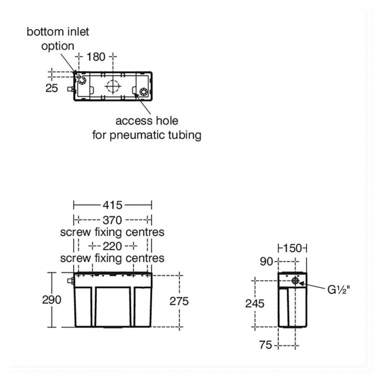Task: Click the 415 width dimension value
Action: pos(113,205)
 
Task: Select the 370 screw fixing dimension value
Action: pos(113,220)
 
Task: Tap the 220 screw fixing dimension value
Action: pos(113,245)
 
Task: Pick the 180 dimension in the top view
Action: pos(96,56)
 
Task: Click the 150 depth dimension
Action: pos(292,248)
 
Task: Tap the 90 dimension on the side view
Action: pos(266,262)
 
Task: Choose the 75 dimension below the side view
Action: pos(266,346)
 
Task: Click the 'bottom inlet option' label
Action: pos(58,38)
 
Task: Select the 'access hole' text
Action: pos(147,121)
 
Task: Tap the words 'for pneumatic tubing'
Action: pos(147,135)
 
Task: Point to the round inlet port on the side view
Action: pos(296,281)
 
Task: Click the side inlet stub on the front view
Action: pos(70,281)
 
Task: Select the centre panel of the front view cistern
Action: pos(113,304)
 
